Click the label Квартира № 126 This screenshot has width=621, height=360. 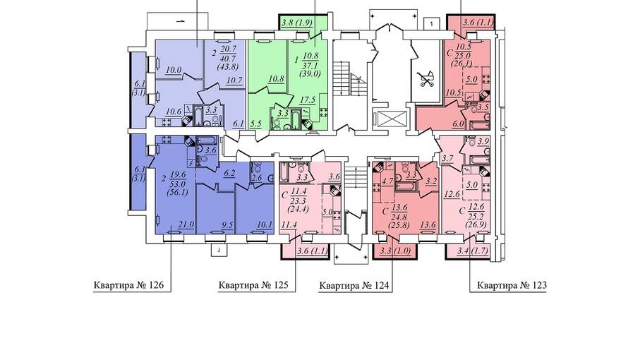click(128, 285)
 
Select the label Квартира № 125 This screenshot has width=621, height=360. click(253, 285)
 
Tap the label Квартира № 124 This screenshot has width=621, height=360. click(354, 285)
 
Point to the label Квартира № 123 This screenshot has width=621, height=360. click(512, 285)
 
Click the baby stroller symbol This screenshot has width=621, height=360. click(426, 79)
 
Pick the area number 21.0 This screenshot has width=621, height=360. click(186, 224)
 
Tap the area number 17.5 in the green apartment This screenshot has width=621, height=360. click(308, 100)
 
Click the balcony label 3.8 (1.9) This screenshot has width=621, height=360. click(297, 23)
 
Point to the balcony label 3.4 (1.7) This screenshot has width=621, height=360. click(473, 251)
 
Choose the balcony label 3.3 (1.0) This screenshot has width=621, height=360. click(395, 251)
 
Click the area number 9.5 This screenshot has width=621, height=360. click(227, 224)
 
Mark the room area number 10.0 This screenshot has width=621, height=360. click(174, 70)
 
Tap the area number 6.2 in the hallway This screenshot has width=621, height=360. click(229, 173)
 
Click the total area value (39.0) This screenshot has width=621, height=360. click(310, 73)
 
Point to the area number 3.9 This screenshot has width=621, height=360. click(483, 141)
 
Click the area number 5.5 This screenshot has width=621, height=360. click(256, 124)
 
